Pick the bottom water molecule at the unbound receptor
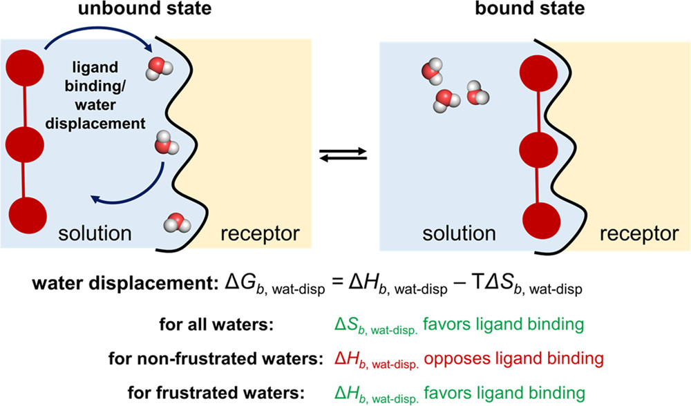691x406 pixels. [175, 223]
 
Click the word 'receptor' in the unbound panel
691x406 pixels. [260, 234]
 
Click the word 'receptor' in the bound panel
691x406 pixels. [638, 234]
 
